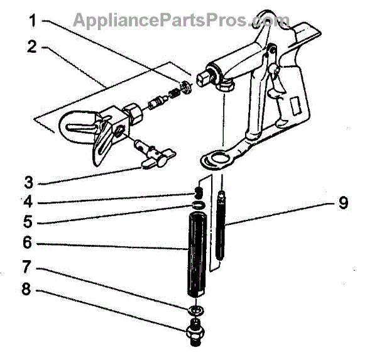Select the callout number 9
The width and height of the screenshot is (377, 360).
[343, 203]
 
